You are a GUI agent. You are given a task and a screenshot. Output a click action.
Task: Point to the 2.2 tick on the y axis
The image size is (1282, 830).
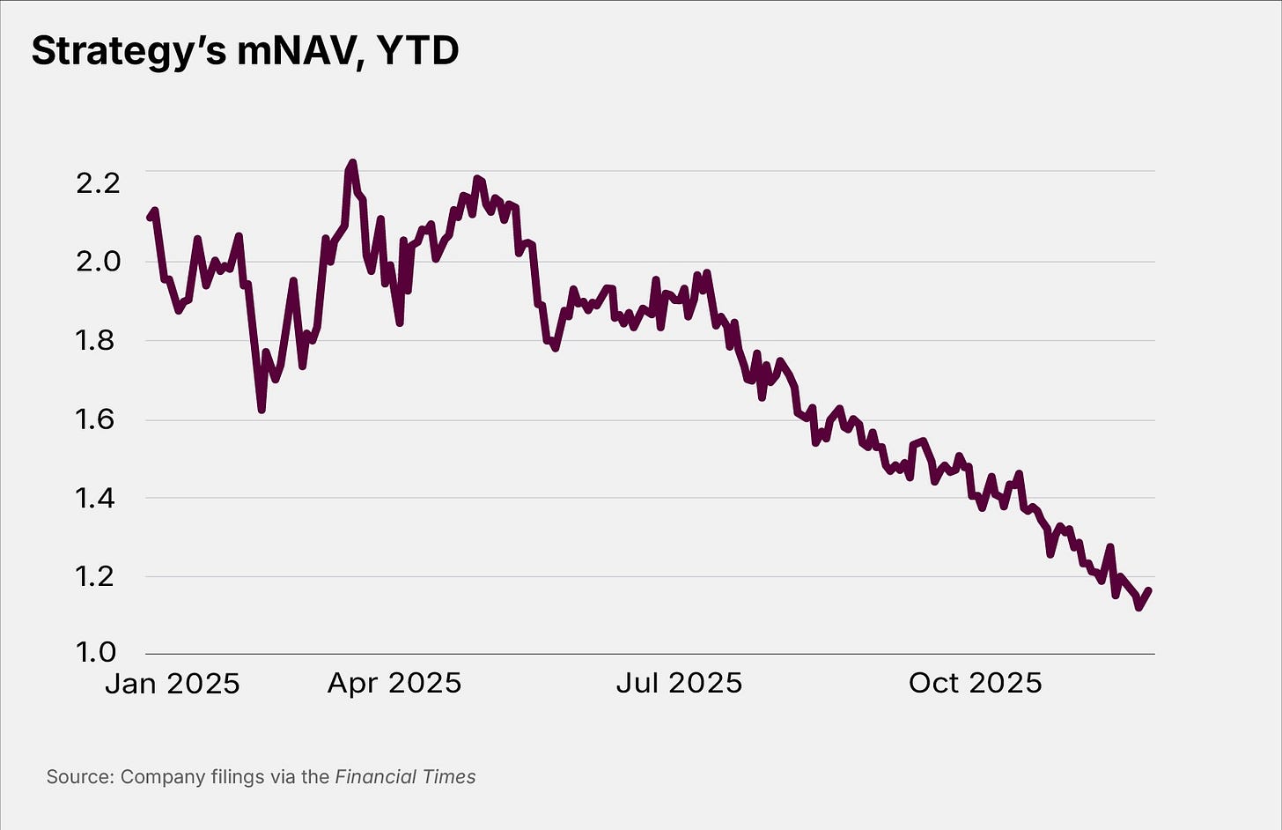pyautogui.click(x=97, y=183)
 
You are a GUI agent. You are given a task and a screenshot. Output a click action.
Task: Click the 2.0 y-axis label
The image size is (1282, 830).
pyautogui.click(x=97, y=262)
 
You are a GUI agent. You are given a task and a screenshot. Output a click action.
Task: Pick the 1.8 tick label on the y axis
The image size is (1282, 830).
pyautogui.click(x=97, y=340)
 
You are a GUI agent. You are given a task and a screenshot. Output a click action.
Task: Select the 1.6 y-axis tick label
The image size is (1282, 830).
pyautogui.click(x=97, y=419)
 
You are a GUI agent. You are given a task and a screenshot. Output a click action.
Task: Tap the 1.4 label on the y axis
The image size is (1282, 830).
pyautogui.click(x=97, y=499)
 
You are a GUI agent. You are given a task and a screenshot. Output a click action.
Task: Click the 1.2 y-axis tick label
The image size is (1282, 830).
pyautogui.click(x=97, y=577)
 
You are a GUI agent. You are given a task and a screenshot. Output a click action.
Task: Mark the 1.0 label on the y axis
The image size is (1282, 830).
pyautogui.click(x=97, y=653)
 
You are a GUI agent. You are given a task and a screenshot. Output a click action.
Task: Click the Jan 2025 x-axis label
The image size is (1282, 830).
pyautogui.click(x=173, y=684)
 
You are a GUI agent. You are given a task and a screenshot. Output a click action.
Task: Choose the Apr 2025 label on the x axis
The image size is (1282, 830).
pyautogui.click(x=394, y=684)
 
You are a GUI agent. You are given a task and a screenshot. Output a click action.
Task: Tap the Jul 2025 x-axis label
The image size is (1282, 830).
pyautogui.click(x=679, y=684)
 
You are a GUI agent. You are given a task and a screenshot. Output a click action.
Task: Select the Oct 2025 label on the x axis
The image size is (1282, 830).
pyautogui.click(x=975, y=684)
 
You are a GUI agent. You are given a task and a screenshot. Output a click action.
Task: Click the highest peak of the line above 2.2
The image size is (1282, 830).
pyautogui.click(x=352, y=163)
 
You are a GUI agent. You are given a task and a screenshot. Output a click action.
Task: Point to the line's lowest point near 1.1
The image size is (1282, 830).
pyautogui.click(x=1139, y=607)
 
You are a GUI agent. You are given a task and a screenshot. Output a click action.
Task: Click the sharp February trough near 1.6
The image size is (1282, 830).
pyautogui.click(x=262, y=409)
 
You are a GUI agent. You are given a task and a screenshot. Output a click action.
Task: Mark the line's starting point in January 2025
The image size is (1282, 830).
pyautogui.click(x=150, y=217)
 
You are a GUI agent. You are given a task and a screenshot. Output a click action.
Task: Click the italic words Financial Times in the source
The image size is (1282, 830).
pyautogui.click(x=405, y=777)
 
